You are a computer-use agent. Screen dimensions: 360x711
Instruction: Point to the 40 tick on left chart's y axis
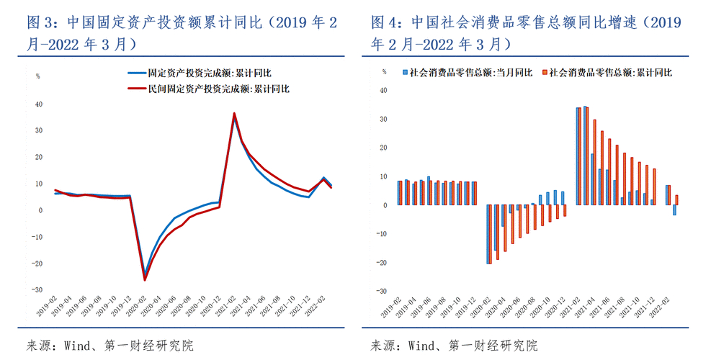(40, 104)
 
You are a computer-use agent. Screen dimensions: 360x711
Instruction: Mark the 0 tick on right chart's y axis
(385, 205)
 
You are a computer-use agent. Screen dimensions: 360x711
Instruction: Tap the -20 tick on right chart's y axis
(383, 263)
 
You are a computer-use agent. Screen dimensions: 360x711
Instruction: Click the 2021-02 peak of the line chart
(234, 113)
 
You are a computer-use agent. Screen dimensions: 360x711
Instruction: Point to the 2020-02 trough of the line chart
(145, 279)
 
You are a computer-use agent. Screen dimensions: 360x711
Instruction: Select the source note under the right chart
(454, 345)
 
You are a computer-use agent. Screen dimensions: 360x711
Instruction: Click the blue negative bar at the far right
(674, 210)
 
